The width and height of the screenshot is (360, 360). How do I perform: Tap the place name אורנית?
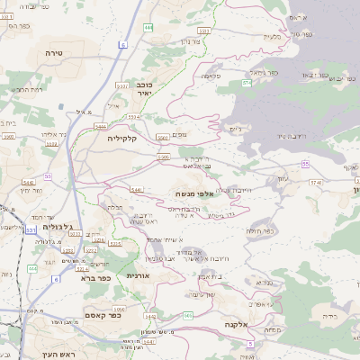136,275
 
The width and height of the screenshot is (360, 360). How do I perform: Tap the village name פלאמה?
211,76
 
